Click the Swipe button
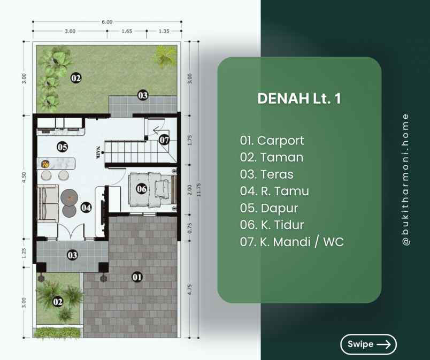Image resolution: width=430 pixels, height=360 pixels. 368,344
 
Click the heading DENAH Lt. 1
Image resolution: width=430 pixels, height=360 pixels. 299,98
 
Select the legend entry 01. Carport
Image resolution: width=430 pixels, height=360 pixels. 272,141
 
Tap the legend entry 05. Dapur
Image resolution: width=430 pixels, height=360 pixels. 268,208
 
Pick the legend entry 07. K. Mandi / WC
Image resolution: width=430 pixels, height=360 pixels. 292,242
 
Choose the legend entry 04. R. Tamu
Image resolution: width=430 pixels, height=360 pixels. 274,191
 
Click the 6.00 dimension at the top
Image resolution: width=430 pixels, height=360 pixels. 107,22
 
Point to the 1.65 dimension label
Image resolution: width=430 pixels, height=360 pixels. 127,31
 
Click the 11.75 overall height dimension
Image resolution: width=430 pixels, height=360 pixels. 199,189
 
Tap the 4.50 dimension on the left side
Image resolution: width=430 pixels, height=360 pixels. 24,178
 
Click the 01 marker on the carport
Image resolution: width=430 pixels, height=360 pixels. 137,277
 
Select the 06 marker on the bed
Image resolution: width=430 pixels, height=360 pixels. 142,189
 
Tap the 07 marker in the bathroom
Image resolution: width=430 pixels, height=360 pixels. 164,140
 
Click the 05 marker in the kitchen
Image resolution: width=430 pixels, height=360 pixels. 62,147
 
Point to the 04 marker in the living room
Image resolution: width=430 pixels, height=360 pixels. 86,208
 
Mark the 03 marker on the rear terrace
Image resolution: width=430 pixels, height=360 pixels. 143,95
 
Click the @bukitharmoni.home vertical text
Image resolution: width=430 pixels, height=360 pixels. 405,180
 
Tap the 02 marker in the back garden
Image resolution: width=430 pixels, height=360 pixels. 76,78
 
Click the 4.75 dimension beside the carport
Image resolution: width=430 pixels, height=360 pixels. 190,289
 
